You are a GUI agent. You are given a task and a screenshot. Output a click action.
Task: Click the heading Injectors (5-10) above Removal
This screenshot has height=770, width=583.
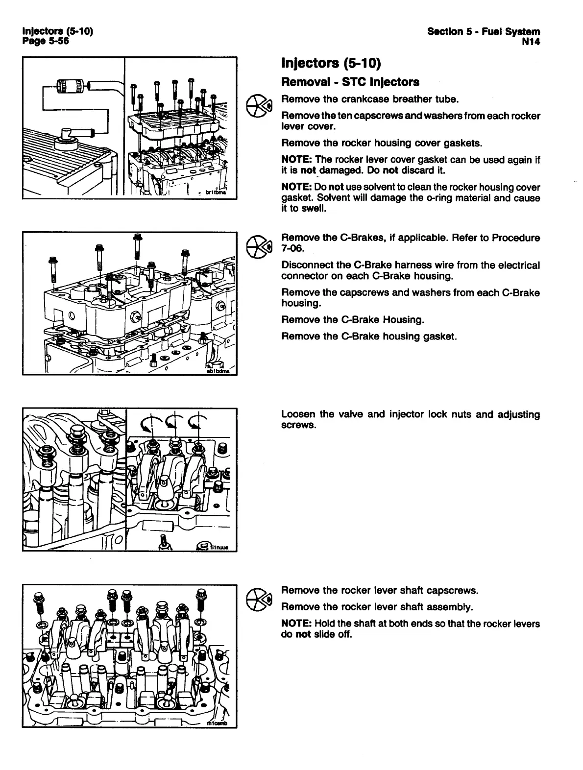[331, 63]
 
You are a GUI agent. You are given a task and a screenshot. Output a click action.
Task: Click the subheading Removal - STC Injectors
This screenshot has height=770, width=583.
[350, 82]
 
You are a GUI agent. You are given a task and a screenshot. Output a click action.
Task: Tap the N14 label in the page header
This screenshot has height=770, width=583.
[531, 42]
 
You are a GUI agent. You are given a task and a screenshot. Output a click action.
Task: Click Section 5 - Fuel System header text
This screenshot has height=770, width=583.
[484, 32]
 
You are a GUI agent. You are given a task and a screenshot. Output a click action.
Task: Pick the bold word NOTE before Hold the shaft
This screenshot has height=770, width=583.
[296, 624]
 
